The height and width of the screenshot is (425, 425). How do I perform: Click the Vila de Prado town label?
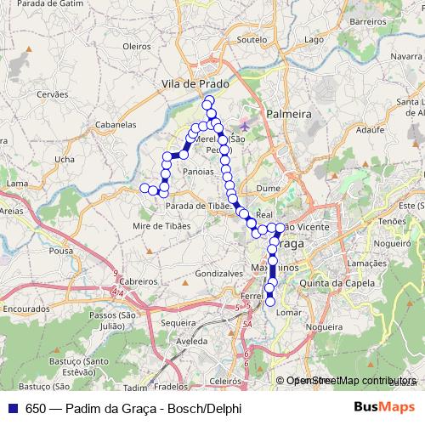click(x=195, y=85)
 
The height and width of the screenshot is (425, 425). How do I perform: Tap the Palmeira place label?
click(x=288, y=113)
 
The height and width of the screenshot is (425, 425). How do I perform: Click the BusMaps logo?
click(x=384, y=407)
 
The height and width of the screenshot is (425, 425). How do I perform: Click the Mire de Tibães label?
click(x=161, y=225)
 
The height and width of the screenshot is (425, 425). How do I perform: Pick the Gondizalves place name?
click(x=201, y=275)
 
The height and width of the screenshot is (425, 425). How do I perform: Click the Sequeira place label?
click(x=178, y=323)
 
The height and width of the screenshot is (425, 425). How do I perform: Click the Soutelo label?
click(x=252, y=39)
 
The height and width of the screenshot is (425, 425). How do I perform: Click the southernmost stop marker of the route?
click(x=270, y=301)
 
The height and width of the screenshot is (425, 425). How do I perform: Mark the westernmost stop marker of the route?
click(x=144, y=187)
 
